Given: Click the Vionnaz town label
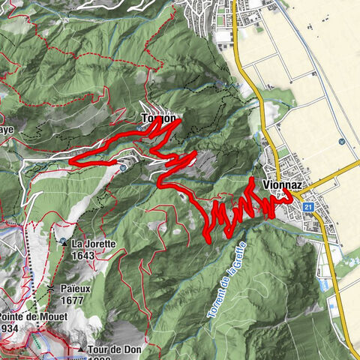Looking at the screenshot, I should point(281,183).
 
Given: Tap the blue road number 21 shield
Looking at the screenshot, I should point(308,205).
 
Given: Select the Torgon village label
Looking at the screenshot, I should point(159,118).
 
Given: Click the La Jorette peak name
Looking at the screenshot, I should point(94,244).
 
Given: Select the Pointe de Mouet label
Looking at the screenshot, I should point(34,316).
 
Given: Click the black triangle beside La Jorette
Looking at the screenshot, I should point(64,244).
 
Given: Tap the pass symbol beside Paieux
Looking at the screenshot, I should point(50,289).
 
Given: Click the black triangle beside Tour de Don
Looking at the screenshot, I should point(80,349).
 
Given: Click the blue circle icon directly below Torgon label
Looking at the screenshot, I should point(140,128).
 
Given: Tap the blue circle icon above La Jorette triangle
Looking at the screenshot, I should point(123,169).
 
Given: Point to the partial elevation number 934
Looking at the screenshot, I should point(9,328).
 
